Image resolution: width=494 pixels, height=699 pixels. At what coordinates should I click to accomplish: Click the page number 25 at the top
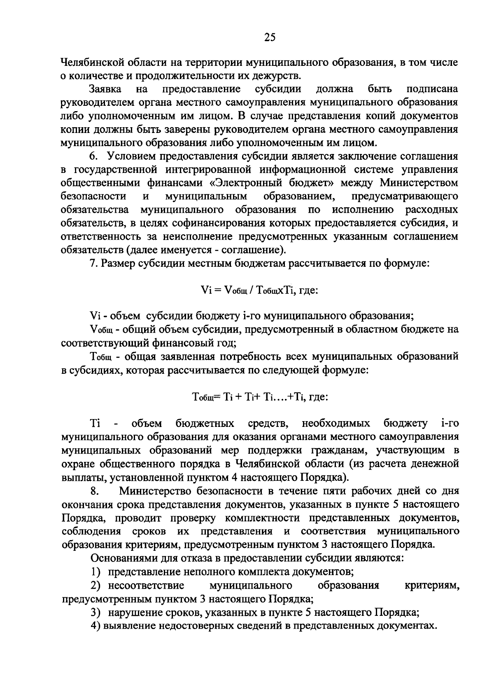click(x=270, y=38)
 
